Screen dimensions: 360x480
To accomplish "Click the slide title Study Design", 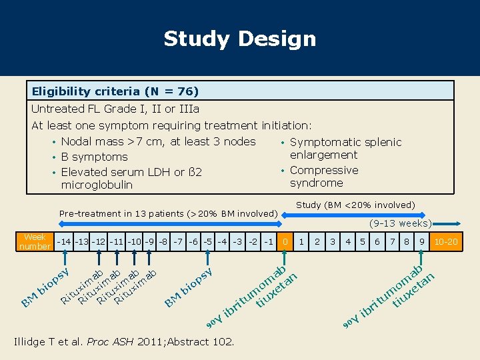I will tap(240, 39).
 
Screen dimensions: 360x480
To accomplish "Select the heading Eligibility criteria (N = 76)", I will tap(115, 91).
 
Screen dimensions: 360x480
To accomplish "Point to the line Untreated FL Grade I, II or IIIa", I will tap(115, 109).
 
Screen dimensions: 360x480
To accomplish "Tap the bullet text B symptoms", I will tap(94, 157).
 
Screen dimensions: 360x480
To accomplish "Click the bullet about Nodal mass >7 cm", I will tap(158, 141).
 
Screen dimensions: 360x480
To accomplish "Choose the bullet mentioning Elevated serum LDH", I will tap(131, 178).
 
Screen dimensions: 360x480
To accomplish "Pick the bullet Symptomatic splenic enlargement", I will tap(345, 148).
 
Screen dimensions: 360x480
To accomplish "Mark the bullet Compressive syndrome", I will tap(324, 176).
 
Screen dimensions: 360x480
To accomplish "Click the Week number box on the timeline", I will tap(35, 241).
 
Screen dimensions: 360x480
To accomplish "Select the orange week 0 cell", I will tap(285, 241).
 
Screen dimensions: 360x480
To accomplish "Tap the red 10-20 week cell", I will tap(445, 241).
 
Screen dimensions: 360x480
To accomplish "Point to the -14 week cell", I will tap(65, 241).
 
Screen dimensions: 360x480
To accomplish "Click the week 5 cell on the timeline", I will tap(363, 241).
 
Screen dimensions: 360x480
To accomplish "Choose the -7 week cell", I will tap(179, 241).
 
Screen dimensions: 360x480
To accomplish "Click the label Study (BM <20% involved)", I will tap(355, 205).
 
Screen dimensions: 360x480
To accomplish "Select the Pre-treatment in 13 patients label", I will tap(168, 213).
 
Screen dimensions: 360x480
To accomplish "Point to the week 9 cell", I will tap(422, 241).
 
